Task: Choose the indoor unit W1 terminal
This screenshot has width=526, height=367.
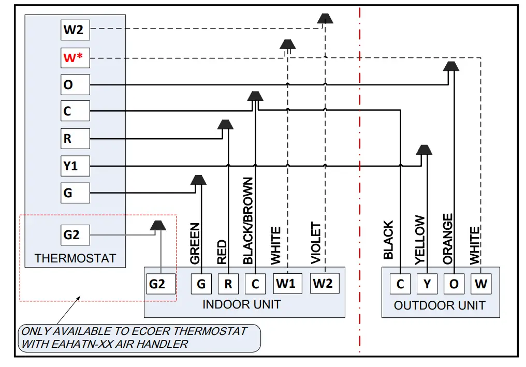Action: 287,283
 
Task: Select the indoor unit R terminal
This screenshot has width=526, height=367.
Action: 228,284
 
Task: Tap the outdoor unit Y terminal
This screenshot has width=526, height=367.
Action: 427,284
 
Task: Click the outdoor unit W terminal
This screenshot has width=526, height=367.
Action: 481,284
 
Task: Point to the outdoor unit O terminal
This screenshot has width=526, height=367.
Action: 454,284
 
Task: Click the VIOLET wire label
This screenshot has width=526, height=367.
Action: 316,243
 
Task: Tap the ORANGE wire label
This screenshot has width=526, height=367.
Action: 448,239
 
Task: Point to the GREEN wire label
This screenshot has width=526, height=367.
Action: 195,243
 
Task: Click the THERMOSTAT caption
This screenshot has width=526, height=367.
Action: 75,258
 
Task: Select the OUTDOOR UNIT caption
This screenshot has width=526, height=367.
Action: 440,305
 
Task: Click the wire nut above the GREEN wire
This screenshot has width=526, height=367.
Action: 198,180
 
